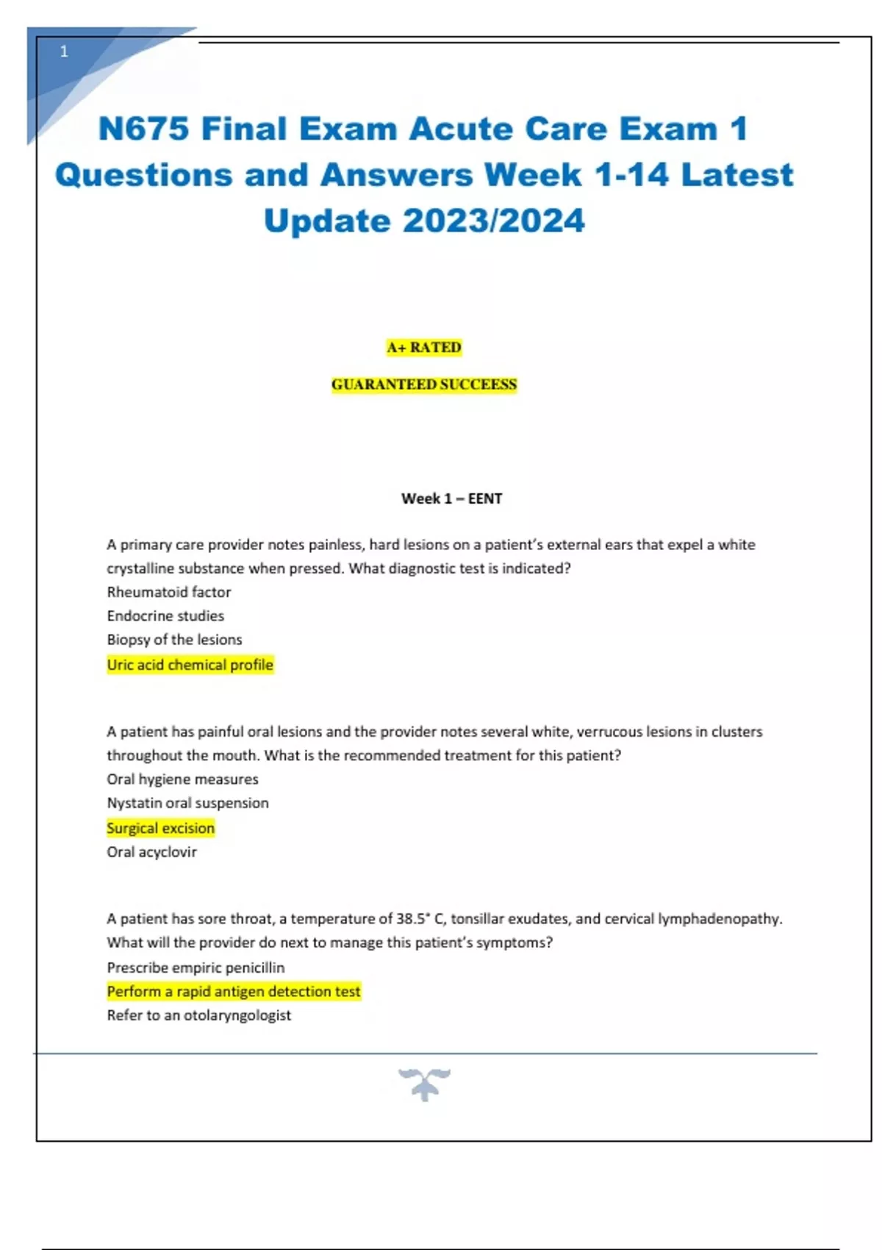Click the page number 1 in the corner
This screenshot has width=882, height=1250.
(64, 51)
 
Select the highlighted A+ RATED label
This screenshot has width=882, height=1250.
(424, 347)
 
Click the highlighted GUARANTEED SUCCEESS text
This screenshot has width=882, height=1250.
(424, 385)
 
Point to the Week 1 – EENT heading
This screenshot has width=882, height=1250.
(451, 499)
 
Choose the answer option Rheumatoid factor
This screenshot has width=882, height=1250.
(169, 592)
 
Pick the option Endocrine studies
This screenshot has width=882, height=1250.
(165, 615)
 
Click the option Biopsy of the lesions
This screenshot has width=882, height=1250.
(174, 640)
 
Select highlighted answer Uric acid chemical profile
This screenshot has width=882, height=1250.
(190, 665)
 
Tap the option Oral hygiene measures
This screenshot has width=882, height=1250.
(182, 779)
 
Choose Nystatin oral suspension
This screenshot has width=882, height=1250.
(187, 803)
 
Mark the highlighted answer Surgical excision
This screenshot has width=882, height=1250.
(160, 828)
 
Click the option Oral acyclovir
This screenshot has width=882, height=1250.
(151, 852)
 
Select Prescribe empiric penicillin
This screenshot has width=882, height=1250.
(196, 968)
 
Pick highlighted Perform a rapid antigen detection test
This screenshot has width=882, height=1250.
(234, 991)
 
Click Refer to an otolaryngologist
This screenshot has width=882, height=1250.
(198, 1015)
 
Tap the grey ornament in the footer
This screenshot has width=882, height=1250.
(425, 1084)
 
